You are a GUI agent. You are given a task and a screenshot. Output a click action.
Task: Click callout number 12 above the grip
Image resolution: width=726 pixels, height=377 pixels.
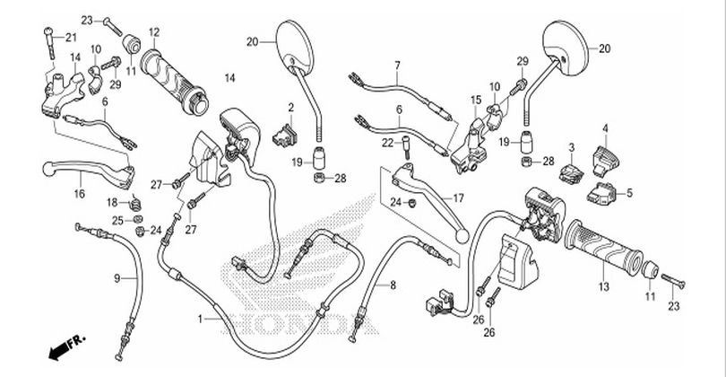click(x=154, y=32)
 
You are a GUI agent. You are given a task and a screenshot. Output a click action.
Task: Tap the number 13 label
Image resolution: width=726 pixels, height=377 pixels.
click(x=604, y=287)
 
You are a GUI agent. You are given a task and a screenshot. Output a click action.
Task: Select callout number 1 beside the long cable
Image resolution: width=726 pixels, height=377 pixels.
click(x=201, y=319)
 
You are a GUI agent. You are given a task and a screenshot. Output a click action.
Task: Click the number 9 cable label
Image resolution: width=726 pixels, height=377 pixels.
click(x=117, y=278)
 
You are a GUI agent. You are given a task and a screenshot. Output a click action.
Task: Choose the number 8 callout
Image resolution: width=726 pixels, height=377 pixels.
click(x=393, y=285)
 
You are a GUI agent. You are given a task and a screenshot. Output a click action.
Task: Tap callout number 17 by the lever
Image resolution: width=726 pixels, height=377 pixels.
click(x=458, y=198)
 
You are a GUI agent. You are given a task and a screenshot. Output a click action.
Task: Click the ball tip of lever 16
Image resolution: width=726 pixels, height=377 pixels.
click(x=48, y=169)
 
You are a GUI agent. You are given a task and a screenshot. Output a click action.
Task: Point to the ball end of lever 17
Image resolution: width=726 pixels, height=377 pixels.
click(x=462, y=236)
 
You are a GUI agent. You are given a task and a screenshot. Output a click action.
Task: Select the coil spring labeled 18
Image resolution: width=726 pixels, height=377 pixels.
click(x=135, y=201)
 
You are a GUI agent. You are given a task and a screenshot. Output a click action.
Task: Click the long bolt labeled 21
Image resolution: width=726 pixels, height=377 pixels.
click(x=49, y=44)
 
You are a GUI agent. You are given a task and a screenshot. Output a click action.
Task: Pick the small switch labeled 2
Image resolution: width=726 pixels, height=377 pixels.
click(x=285, y=133)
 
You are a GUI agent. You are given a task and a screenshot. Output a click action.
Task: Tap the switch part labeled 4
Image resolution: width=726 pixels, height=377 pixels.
click(x=606, y=160)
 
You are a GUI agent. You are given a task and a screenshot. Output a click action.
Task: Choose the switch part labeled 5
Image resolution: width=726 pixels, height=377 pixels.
click(x=601, y=193)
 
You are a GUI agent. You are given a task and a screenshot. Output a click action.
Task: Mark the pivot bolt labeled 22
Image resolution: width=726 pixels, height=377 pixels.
click(x=405, y=147)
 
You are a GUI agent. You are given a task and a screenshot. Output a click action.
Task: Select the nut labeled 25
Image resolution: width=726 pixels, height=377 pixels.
click(x=137, y=219)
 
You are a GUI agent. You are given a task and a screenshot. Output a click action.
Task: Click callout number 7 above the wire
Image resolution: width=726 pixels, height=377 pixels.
click(x=397, y=66)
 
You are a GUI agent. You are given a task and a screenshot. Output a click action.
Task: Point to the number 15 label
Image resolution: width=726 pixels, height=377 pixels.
click(x=476, y=101)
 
